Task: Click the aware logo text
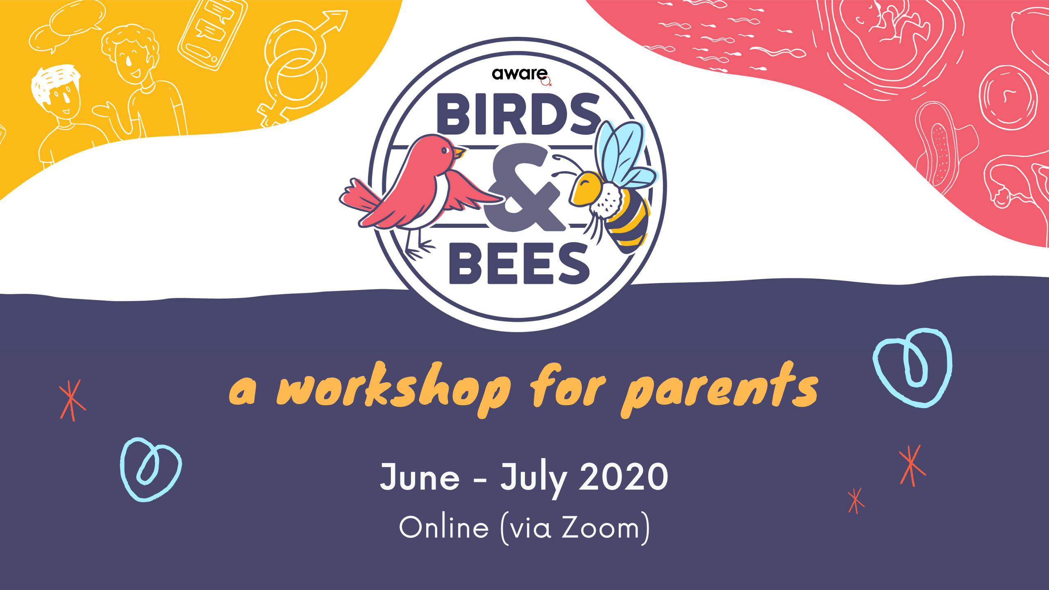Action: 520,74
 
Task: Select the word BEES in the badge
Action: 519,263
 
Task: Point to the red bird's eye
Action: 445,150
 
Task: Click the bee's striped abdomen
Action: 627,223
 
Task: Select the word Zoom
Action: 600,528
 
